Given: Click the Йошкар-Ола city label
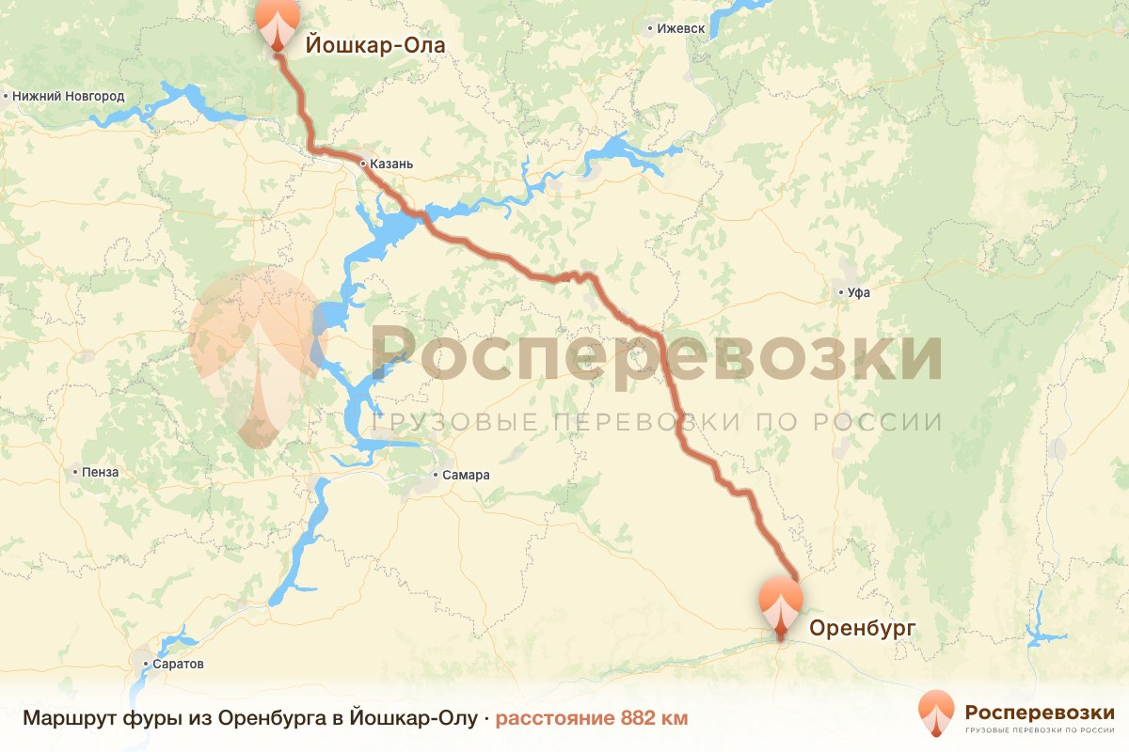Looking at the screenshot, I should [x=374, y=44].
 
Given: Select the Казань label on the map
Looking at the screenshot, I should [x=391, y=164].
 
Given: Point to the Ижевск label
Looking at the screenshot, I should [x=681, y=28].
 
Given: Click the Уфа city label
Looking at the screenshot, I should [x=859, y=292].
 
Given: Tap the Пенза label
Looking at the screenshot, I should [x=101, y=472].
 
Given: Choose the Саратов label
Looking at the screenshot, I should [x=179, y=664].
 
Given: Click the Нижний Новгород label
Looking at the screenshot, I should [x=69, y=96].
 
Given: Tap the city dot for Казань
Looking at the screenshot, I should [x=363, y=164].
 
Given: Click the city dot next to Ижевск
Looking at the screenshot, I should [x=650, y=28].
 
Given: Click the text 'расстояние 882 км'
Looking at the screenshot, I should [x=592, y=719].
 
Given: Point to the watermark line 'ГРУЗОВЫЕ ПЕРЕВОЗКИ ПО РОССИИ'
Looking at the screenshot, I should [x=657, y=422].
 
